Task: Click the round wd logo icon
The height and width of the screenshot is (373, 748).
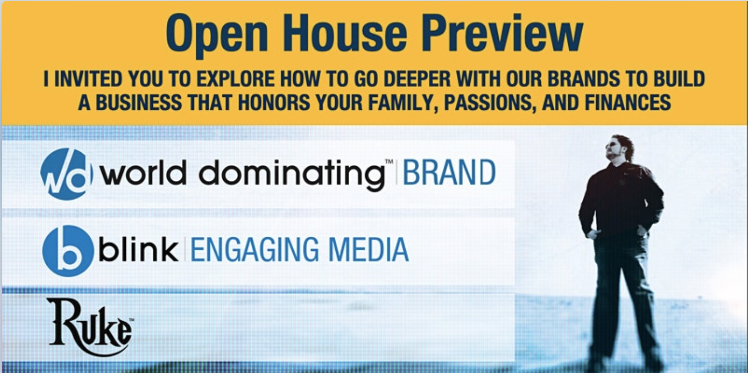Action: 66,174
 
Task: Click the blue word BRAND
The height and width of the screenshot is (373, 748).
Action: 449,173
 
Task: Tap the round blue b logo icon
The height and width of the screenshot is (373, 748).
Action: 68,251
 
